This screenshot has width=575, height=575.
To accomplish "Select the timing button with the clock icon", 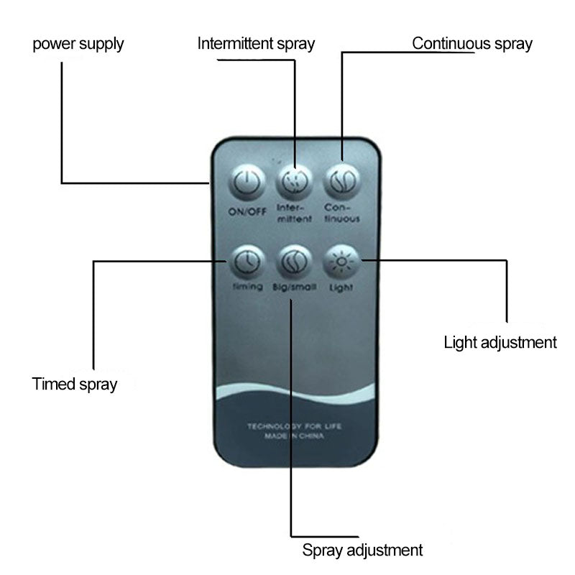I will [245, 262].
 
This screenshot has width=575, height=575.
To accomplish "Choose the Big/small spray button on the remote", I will [293, 262].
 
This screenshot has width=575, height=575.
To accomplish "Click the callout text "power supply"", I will [78, 44].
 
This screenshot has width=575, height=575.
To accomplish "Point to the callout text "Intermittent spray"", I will [256, 44].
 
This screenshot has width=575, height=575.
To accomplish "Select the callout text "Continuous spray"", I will [472, 44].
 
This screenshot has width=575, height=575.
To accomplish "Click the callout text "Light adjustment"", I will [500, 342].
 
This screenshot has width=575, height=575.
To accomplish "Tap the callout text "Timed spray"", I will [75, 384].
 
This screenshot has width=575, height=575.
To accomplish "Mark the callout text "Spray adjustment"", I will [362, 551].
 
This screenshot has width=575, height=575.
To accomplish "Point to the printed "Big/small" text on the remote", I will [295, 287].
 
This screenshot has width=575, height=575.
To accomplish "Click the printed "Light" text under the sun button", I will [341, 287].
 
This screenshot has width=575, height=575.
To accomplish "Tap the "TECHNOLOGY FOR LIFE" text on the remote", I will [295, 426].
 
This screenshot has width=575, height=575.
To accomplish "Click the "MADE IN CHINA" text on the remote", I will [295, 436].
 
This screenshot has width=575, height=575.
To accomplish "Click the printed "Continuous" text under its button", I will [341, 213].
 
